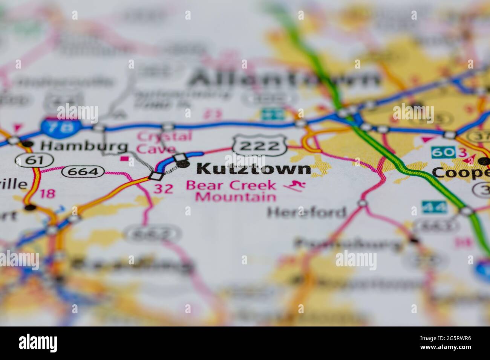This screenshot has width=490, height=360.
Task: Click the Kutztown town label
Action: coord(254,169)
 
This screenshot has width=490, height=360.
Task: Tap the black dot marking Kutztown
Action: coord(183,163)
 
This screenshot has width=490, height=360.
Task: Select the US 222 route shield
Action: coord(260,145)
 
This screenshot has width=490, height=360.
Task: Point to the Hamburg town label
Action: coord(84,146)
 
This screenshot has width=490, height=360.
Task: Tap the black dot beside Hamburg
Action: coord(27,144)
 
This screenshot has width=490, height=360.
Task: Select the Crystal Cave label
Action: coord(164,142)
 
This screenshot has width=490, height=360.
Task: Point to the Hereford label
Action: coord(306,212)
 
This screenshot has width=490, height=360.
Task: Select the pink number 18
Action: coord(47,194)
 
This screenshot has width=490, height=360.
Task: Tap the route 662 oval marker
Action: coord(154,234)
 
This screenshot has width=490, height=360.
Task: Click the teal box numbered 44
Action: coord(434,207)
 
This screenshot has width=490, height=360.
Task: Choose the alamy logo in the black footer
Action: coord(38,343)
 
